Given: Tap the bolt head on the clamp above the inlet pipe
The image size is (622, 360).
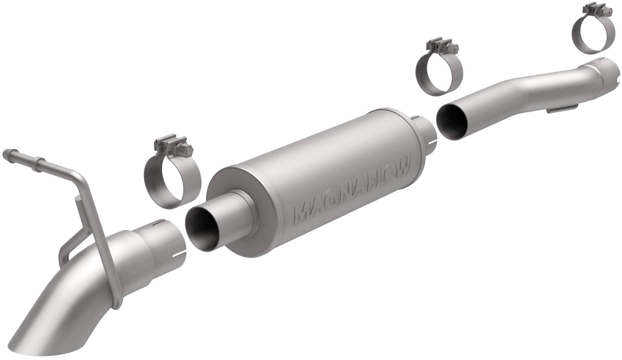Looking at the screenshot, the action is (604, 11).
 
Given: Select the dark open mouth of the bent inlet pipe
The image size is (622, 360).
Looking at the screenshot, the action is (452, 122).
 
